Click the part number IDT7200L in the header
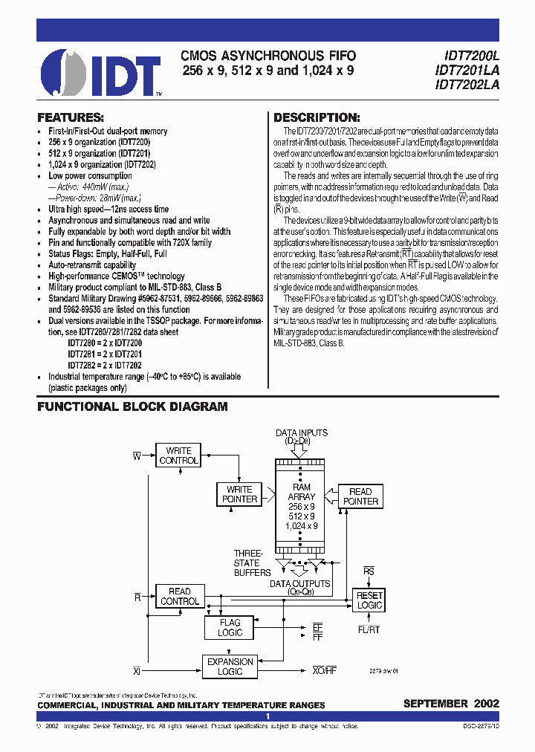point(467,56)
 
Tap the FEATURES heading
point(71,117)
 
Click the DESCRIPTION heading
point(317,117)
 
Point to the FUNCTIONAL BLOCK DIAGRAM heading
point(132,407)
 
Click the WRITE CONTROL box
point(178,456)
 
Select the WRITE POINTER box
point(239,494)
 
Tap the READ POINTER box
point(360,496)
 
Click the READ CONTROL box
point(179,596)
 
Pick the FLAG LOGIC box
point(230,628)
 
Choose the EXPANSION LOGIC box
point(230,667)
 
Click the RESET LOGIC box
point(369,600)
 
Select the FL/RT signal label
point(369,629)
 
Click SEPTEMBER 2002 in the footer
point(451,703)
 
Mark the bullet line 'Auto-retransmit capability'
point(92,265)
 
